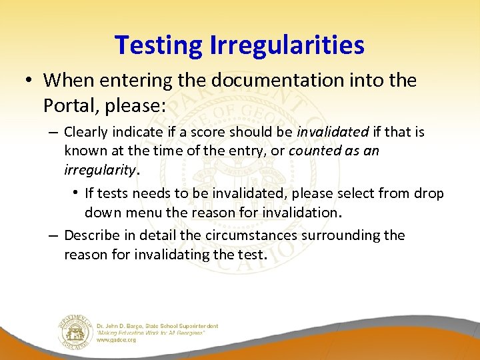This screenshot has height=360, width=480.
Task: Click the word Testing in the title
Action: pos(159,45)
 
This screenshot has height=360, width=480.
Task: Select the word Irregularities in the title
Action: pos(287,45)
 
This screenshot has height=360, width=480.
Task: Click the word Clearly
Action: pos(87,133)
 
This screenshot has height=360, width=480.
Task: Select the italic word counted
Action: pos(313,151)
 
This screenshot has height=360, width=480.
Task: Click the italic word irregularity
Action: pos(100,169)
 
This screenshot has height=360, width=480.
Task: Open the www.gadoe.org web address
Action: pos(117,339)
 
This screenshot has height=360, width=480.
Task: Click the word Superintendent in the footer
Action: pos(197,326)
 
